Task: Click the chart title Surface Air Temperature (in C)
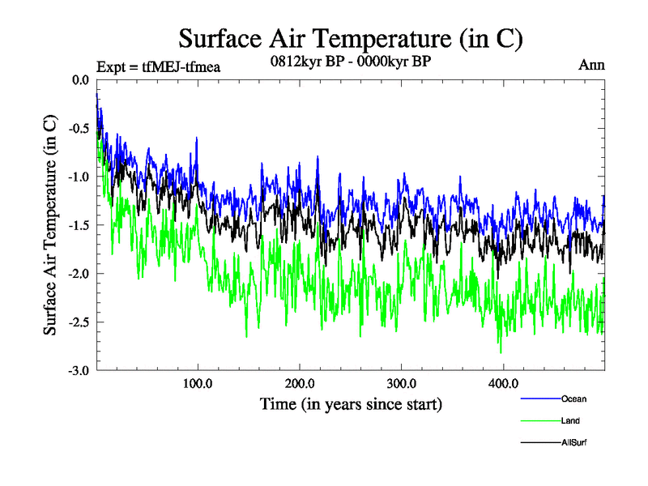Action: [x=350, y=38]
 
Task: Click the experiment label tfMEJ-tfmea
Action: [x=158, y=66]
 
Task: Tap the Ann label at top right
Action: [x=591, y=65]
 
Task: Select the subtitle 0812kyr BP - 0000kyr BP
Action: [x=351, y=60]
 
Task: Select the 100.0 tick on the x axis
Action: [x=198, y=384]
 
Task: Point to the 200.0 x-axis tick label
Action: [x=300, y=384]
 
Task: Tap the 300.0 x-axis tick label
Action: [x=402, y=384]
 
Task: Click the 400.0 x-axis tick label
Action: [x=503, y=384]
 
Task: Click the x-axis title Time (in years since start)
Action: [x=351, y=403]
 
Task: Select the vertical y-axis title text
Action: [x=50, y=225]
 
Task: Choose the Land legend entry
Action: [x=570, y=420]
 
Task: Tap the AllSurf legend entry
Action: [x=573, y=442]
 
